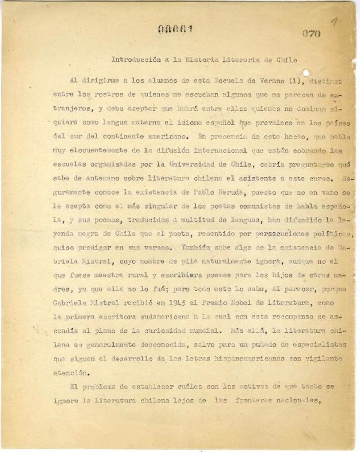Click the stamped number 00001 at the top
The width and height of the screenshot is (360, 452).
pyautogui.click(x=175, y=29)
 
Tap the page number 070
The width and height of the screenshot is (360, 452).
pyautogui.click(x=310, y=33)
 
